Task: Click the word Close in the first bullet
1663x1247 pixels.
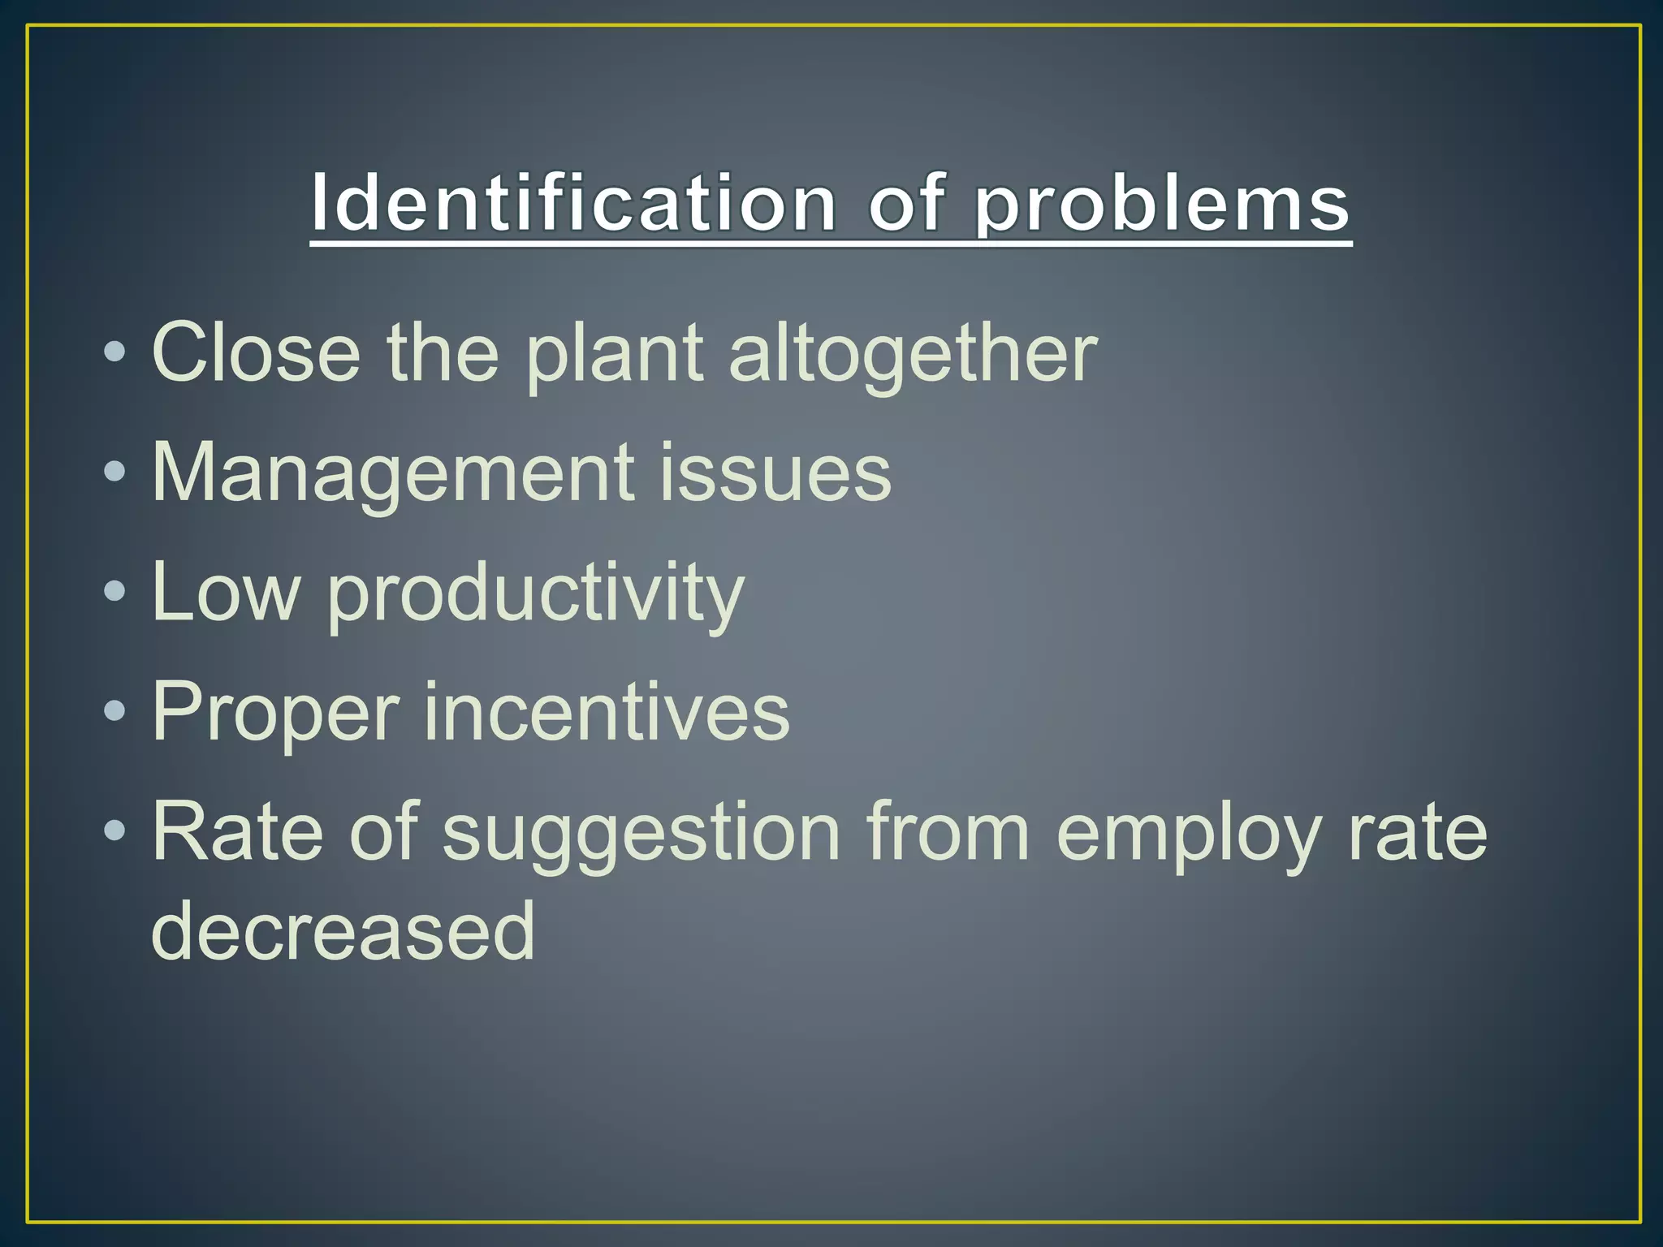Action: coord(256,352)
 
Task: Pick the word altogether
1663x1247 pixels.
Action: coord(913,356)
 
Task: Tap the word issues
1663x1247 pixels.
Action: coord(775,472)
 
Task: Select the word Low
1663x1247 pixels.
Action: coord(226,593)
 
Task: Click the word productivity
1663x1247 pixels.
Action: coord(536,596)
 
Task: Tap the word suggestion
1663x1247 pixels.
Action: coord(641,835)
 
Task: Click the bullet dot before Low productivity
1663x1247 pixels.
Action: coord(115,591)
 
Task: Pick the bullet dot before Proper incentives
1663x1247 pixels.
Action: coord(115,711)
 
